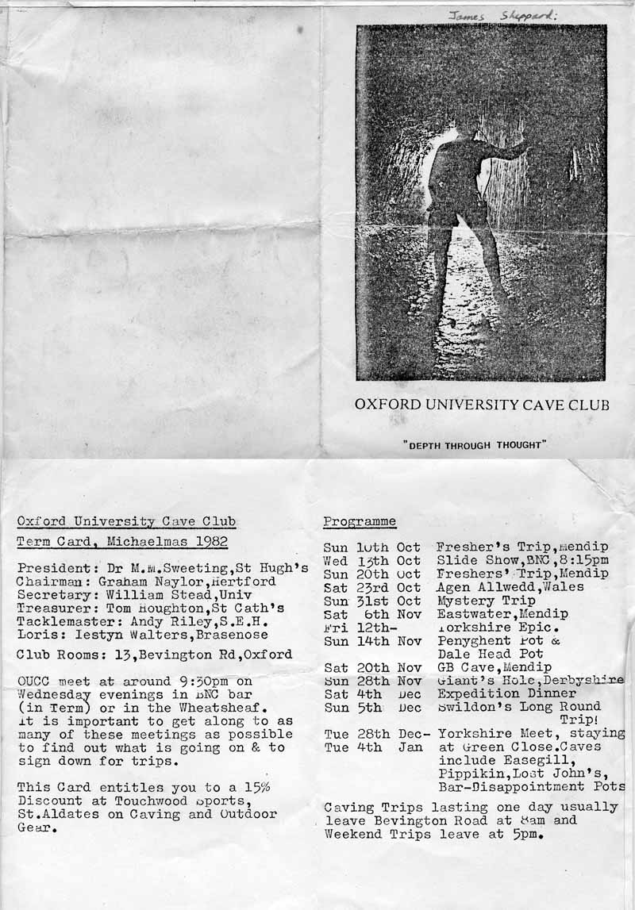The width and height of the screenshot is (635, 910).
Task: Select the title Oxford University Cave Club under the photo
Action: click(x=482, y=405)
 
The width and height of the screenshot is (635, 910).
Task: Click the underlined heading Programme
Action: click(x=360, y=521)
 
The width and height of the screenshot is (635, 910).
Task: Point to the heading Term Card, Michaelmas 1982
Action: click(x=122, y=542)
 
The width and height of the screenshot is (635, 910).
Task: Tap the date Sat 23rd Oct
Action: click(x=372, y=587)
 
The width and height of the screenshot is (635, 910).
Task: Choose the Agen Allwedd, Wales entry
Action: click(x=510, y=587)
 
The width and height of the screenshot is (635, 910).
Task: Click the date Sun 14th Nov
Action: click(x=372, y=641)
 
